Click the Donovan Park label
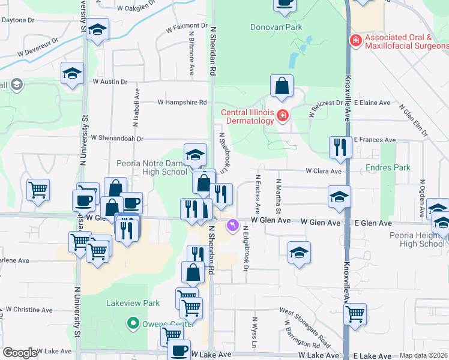(x=276, y=27)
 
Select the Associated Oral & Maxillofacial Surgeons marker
(x=355, y=40)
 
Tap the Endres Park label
(x=388, y=167)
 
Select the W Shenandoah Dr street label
(x=117, y=138)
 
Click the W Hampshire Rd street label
(x=178, y=103)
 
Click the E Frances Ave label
(x=375, y=139)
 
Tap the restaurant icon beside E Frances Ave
(x=340, y=146)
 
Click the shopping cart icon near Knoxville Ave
(x=355, y=313)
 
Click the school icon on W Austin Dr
(x=73, y=74)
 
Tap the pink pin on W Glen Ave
(x=232, y=226)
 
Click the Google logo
(x=20, y=352)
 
